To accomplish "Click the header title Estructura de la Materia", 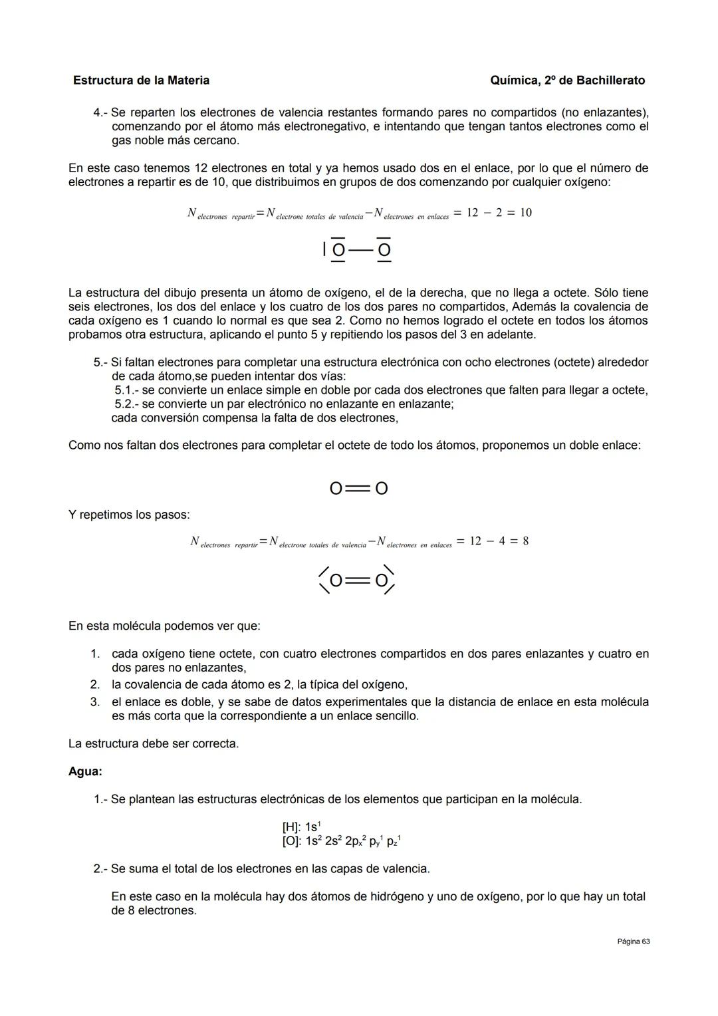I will click(x=141, y=80).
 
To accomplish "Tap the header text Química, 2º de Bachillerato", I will click(x=567, y=80).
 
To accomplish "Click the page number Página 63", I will click(x=633, y=942).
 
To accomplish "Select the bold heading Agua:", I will click(x=85, y=771).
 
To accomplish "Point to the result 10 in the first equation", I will click(x=525, y=213).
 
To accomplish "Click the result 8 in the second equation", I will click(x=525, y=541).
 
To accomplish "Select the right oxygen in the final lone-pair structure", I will click(x=381, y=581).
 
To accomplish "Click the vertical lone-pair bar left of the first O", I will click(x=324, y=249).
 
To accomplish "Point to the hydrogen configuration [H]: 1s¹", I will click(x=301, y=827).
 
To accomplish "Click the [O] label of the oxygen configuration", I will click(x=292, y=841).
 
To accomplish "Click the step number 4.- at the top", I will click(x=100, y=112).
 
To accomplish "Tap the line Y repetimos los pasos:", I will click(x=129, y=515).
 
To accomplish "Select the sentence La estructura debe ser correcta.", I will click(x=154, y=743).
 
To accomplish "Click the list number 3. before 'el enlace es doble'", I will click(x=95, y=702).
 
